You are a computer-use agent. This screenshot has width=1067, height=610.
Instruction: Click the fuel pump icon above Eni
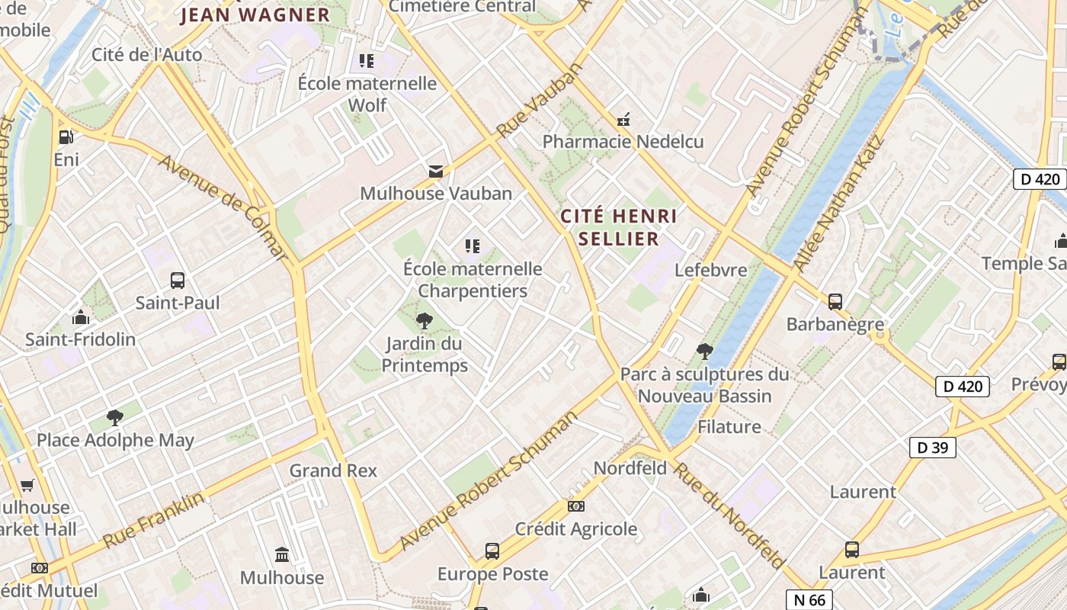tap(66, 137)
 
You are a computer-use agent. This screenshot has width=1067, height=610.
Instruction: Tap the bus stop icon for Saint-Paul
tap(178, 281)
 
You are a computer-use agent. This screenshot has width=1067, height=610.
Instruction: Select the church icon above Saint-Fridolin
tap(81, 317)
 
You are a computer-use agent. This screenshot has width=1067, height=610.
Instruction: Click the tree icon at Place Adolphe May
tap(115, 418)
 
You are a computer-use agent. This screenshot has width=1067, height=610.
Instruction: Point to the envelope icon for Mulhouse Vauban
tap(436, 172)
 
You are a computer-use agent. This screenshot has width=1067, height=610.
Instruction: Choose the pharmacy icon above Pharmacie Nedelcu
tap(623, 120)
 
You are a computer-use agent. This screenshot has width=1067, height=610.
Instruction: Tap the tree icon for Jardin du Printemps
tap(425, 321)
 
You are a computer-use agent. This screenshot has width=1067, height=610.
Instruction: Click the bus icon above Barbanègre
tap(835, 302)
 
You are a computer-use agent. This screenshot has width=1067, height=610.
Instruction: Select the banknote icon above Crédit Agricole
tap(576, 506)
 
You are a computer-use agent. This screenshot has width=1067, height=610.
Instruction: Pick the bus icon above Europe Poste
tap(492, 551)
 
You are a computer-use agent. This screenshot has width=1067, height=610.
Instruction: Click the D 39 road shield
tap(932, 448)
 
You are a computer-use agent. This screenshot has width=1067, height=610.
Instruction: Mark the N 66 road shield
tap(809, 600)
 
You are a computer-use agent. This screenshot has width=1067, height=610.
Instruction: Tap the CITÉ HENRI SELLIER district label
tap(618, 227)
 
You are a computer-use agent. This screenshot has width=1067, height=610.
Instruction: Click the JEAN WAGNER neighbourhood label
tap(255, 15)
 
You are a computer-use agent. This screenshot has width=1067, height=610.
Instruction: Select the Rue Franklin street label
tap(154, 520)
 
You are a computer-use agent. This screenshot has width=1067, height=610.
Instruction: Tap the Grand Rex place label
tap(333, 470)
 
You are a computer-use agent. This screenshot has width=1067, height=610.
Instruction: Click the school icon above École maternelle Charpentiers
tap(473, 246)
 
